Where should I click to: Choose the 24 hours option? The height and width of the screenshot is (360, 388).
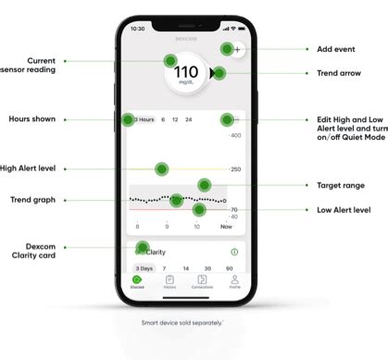coord(189,119)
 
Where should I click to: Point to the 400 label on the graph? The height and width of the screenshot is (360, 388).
coord(234,135)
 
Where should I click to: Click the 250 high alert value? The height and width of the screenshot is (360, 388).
coord(235,169)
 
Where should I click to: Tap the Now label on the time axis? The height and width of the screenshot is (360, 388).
coord(226,226)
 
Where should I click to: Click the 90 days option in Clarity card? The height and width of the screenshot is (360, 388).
coord(234,267)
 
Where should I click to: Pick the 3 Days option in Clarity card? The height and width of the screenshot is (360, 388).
coord(142,267)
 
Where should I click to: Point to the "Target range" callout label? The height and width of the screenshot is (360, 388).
coord(333,184)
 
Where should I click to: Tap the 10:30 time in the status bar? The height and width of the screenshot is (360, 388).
coord(138,29)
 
